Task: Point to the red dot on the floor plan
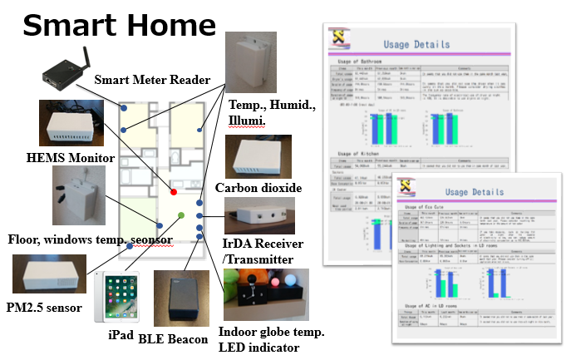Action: [173, 192]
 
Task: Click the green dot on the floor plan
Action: [181, 215]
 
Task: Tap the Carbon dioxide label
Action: [258, 189]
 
